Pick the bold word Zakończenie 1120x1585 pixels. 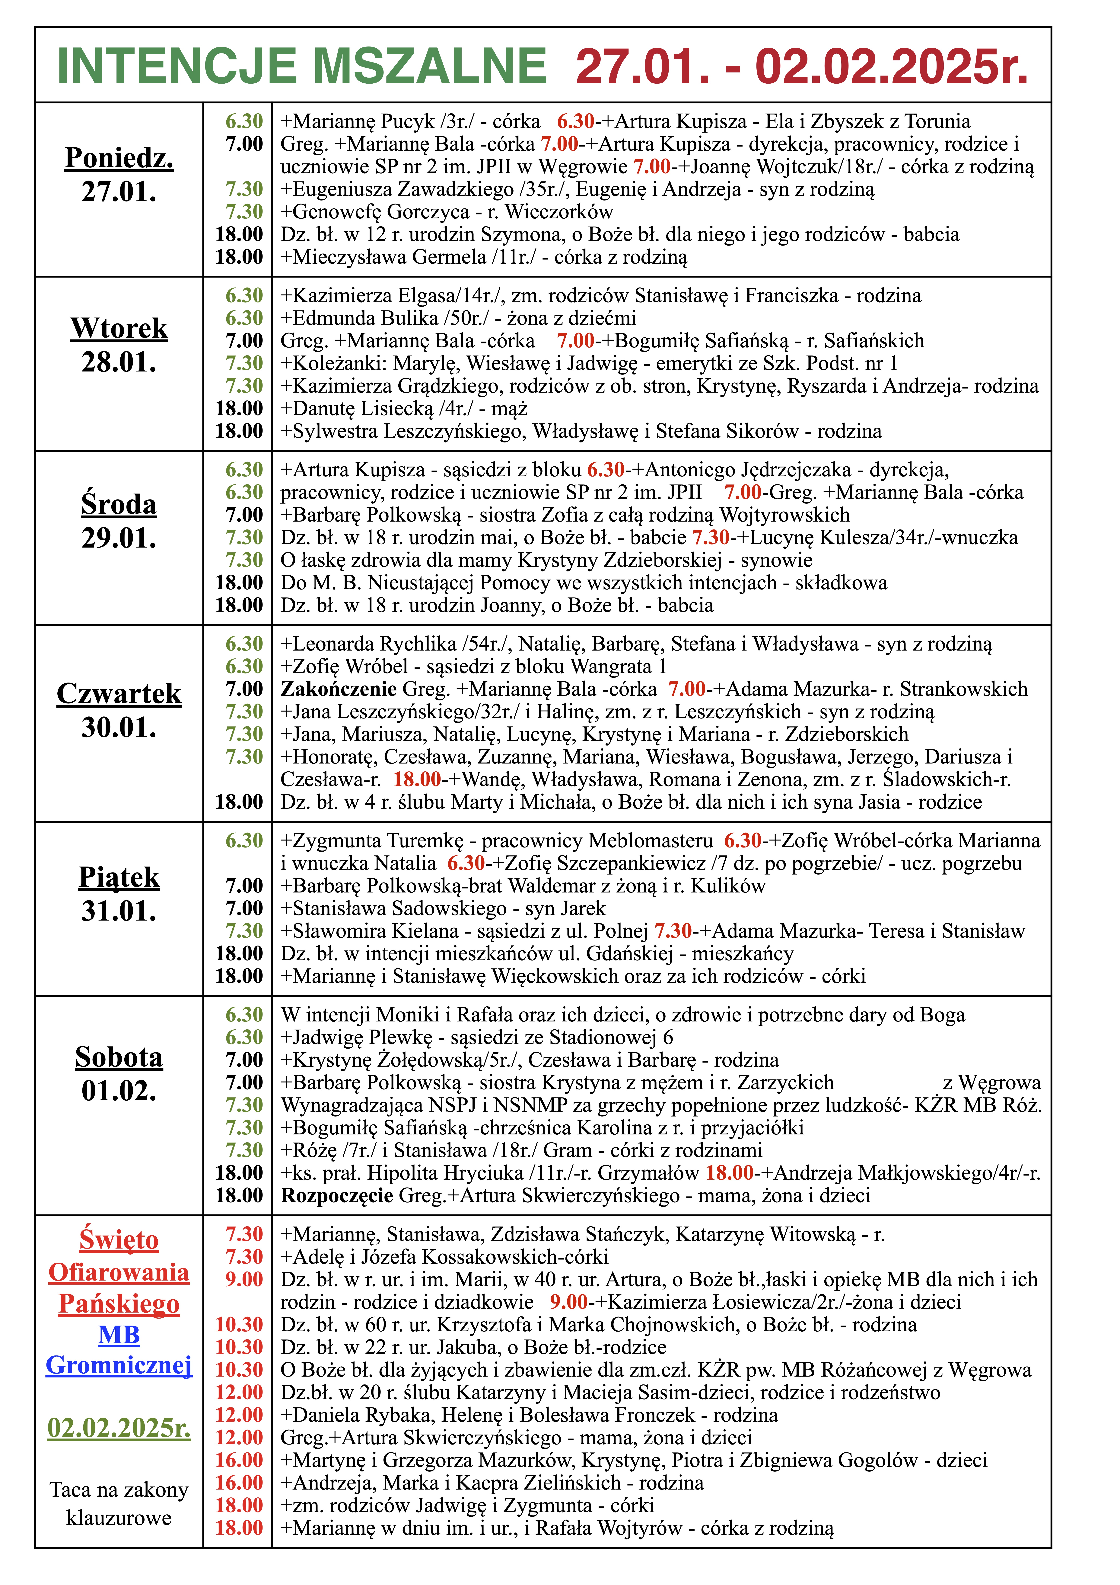[338, 689]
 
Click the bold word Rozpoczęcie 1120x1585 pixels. [337, 1196]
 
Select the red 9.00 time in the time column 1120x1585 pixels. [244, 1279]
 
